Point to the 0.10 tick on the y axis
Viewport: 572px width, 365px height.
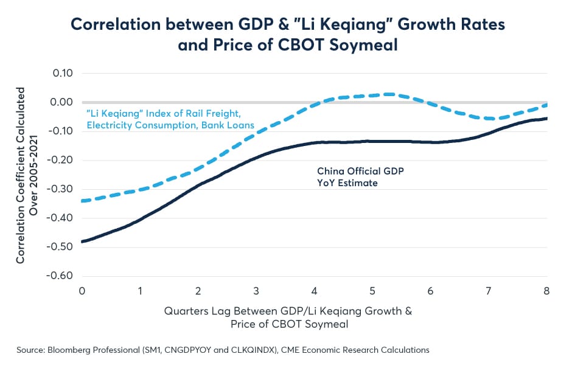(x=63, y=73)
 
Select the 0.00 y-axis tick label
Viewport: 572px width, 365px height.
(x=61, y=102)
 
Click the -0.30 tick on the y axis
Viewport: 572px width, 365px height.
(x=60, y=189)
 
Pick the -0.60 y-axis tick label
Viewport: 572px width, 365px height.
(x=60, y=276)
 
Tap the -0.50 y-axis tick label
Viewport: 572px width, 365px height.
(x=60, y=246)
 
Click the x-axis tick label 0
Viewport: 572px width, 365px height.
(x=82, y=291)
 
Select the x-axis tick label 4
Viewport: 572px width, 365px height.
(x=314, y=291)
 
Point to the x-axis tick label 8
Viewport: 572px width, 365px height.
(x=546, y=291)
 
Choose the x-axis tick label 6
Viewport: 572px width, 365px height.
(x=430, y=291)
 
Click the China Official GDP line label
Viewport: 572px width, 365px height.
(x=360, y=177)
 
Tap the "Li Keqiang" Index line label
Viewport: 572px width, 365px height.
(x=170, y=119)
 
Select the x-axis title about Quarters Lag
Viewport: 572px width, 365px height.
(x=288, y=317)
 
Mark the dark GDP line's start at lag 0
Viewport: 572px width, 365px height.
(x=82, y=242)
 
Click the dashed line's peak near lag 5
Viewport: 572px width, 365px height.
(x=389, y=94)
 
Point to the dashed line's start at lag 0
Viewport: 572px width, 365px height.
(x=82, y=201)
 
